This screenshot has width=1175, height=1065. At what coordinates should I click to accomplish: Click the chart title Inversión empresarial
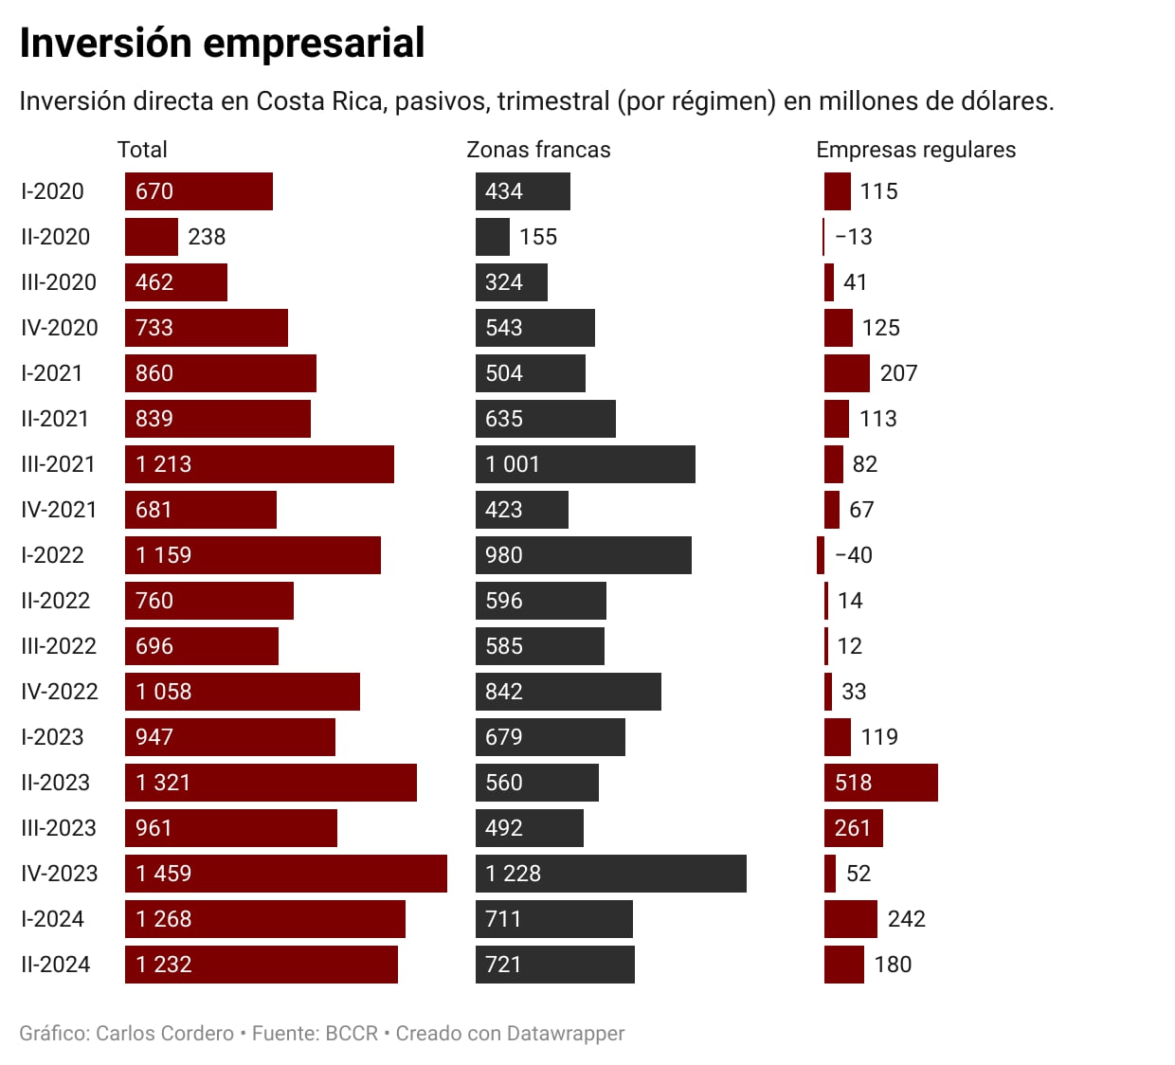pyautogui.click(x=222, y=44)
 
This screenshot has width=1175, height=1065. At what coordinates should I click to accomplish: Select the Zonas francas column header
pyautogui.click(x=538, y=150)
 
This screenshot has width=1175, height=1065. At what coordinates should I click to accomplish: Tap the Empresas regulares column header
pyautogui.click(x=915, y=150)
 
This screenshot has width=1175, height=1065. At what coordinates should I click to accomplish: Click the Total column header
pyautogui.click(x=142, y=150)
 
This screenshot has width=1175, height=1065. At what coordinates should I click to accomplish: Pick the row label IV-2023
pyautogui.click(x=59, y=874)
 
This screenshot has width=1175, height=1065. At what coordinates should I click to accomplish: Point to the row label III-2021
pyautogui.click(x=58, y=464)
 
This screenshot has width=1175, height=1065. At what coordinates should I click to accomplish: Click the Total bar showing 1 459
pyautogui.click(x=285, y=874)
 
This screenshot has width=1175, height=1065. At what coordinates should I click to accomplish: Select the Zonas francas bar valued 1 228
pyautogui.click(x=610, y=874)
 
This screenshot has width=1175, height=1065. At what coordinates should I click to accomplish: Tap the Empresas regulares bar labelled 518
pyautogui.click(x=880, y=783)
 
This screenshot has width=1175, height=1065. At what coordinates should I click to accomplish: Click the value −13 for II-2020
pyautogui.click(x=854, y=237)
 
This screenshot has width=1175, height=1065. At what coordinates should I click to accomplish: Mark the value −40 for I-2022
pyautogui.click(x=854, y=555)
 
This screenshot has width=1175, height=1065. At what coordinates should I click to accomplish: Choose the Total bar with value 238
pyautogui.click(x=151, y=237)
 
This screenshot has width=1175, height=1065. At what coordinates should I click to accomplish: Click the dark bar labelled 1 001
pyautogui.click(x=585, y=464)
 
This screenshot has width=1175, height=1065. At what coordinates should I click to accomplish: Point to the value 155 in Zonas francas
pyautogui.click(x=538, y=237)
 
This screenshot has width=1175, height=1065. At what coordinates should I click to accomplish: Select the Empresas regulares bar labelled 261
pyautogui.click(x=853, y=828)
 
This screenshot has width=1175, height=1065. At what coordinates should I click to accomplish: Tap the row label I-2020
pyautogui.click(x=52, y=191)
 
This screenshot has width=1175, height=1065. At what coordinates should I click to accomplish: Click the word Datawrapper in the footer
pyautogui.click(x=566, y=1033)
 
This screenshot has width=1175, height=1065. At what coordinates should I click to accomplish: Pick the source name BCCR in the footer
pyautogui.click(x=352, y=1033)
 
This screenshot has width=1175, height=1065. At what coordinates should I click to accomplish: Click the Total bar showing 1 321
pyautogui.click(x=270, y=783)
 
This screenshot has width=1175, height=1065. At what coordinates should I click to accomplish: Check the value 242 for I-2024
pyautogui.click(x=906, y=919)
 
